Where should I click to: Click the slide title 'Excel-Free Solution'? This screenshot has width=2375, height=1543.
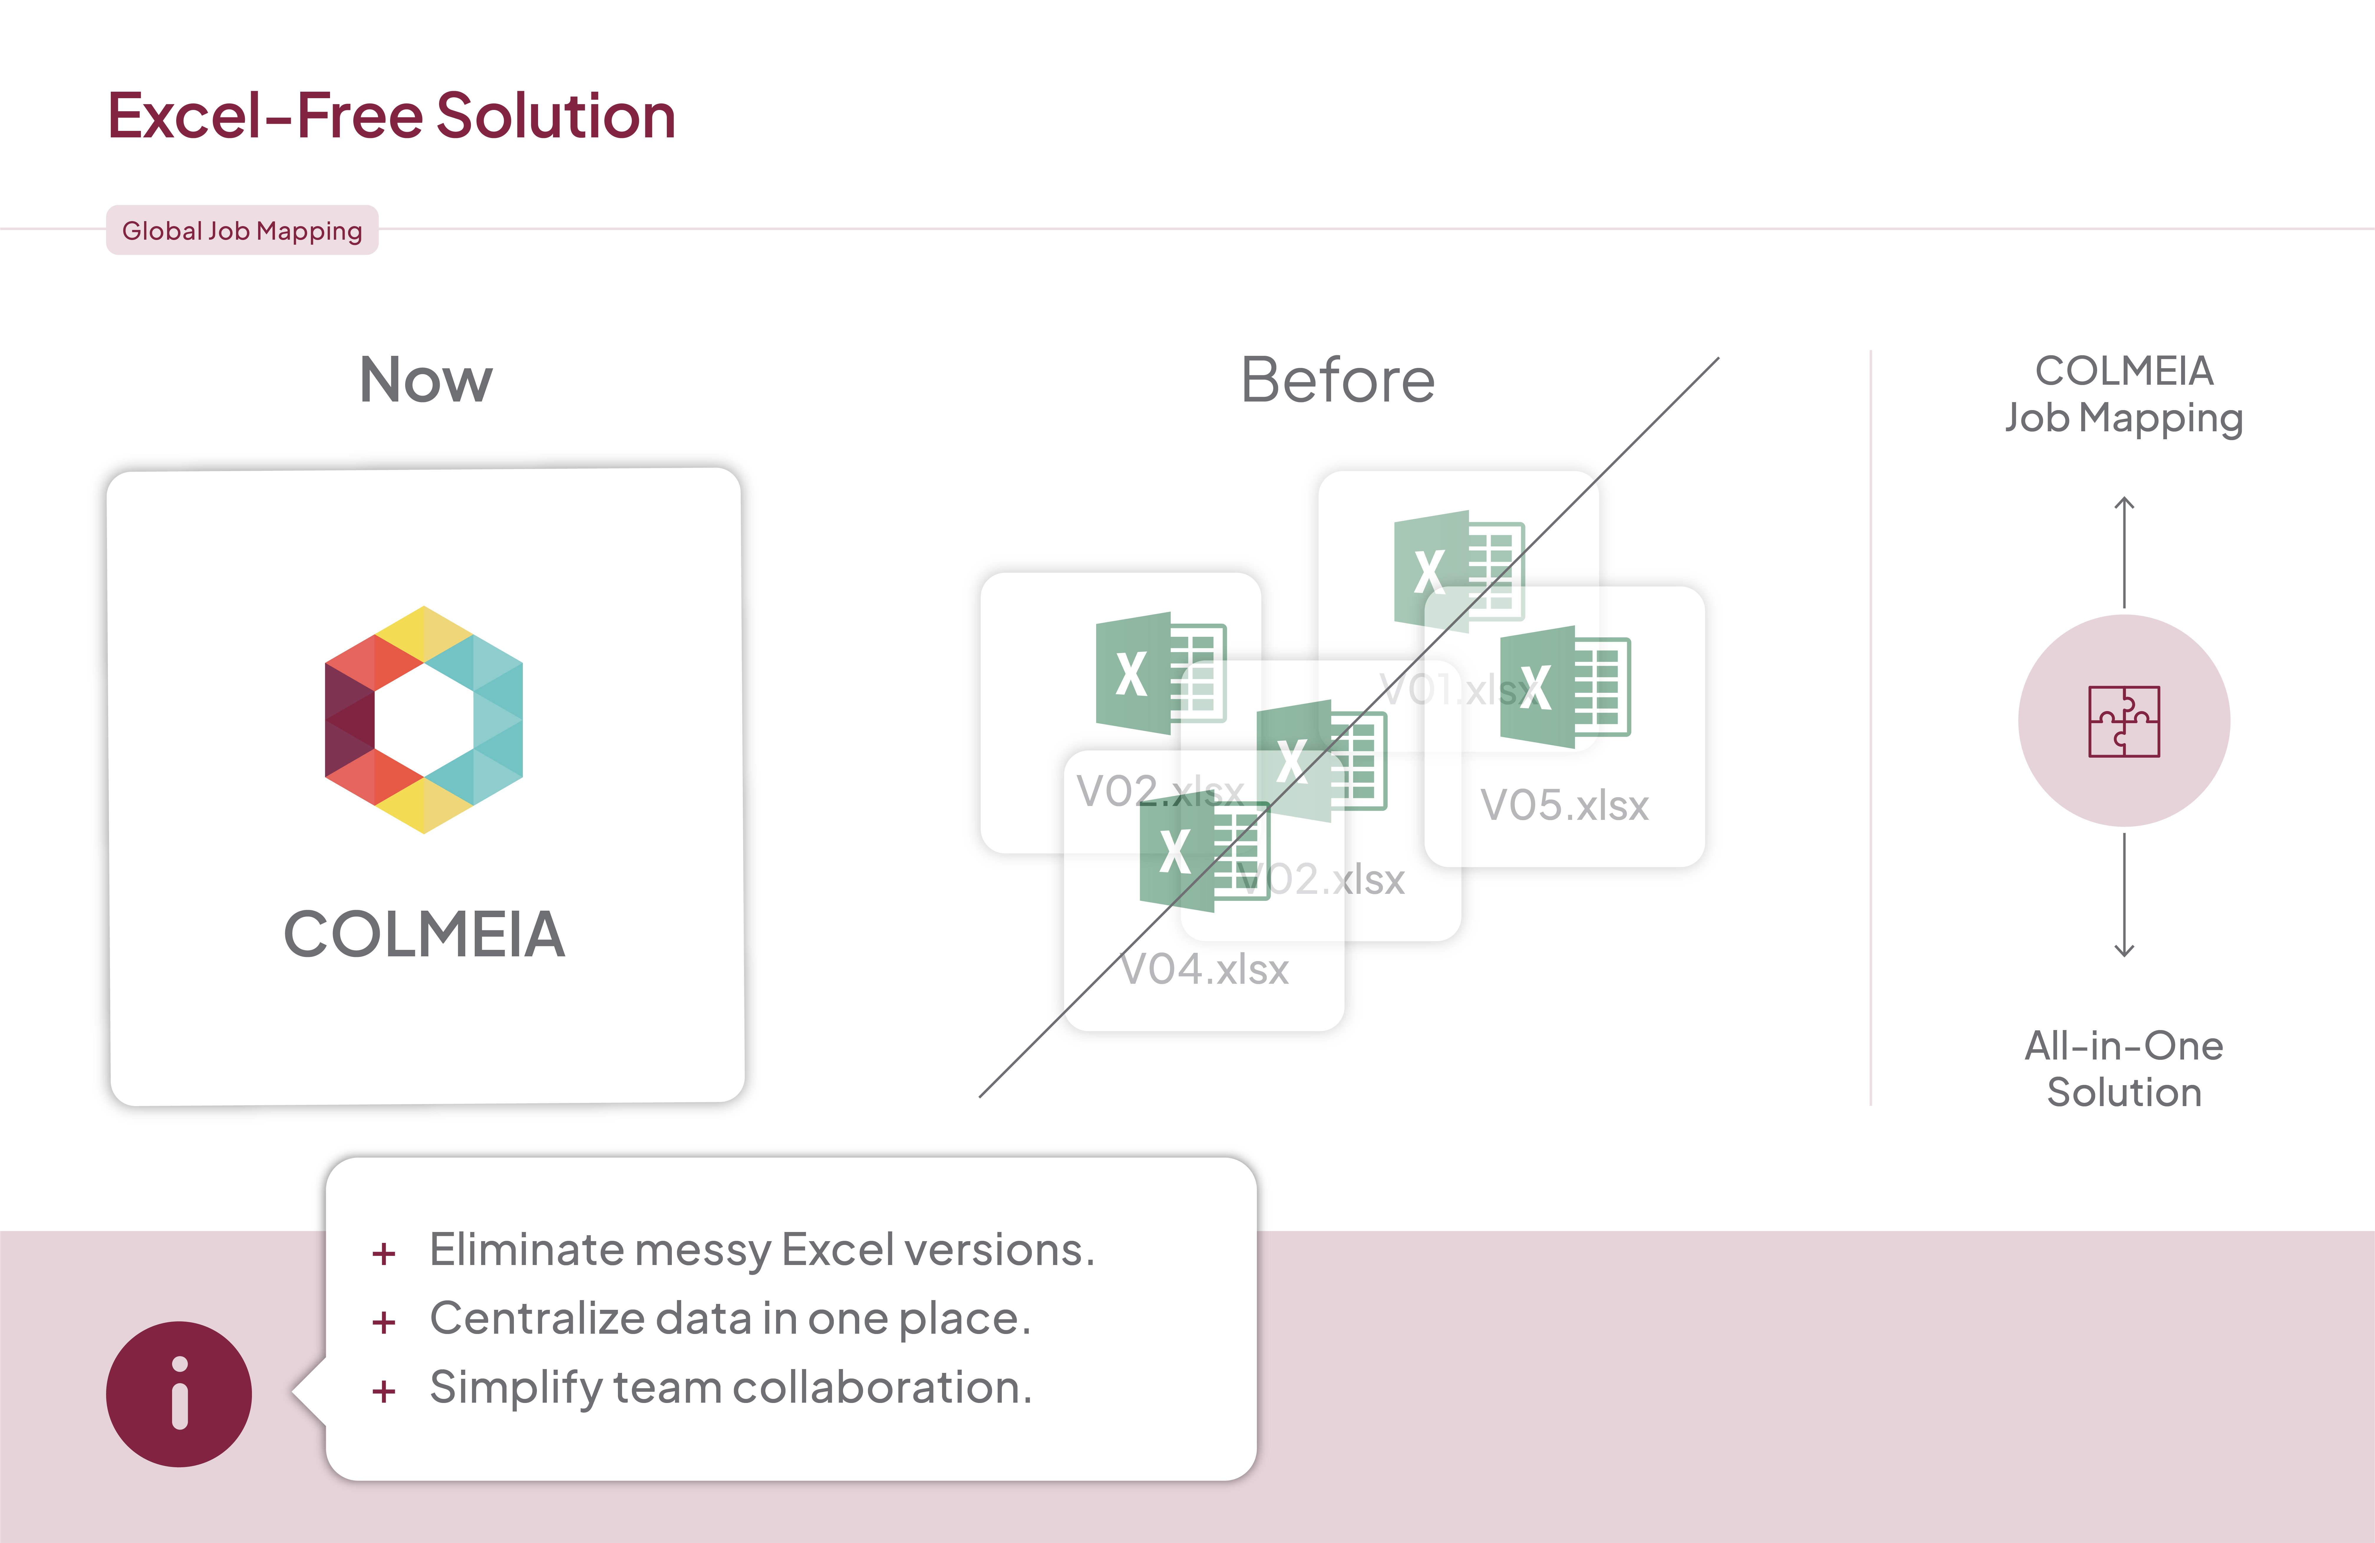click(x=391, y=116)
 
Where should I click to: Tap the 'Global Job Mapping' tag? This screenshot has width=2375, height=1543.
click(x=242, y=231)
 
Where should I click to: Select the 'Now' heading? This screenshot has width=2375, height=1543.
click(x=426, y=380)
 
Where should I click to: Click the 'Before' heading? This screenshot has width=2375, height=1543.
click(x=1337, y=380)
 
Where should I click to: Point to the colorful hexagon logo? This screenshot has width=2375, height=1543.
click(x=424, y=720)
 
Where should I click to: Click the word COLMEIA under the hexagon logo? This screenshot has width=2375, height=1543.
click(x=424, y=934)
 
